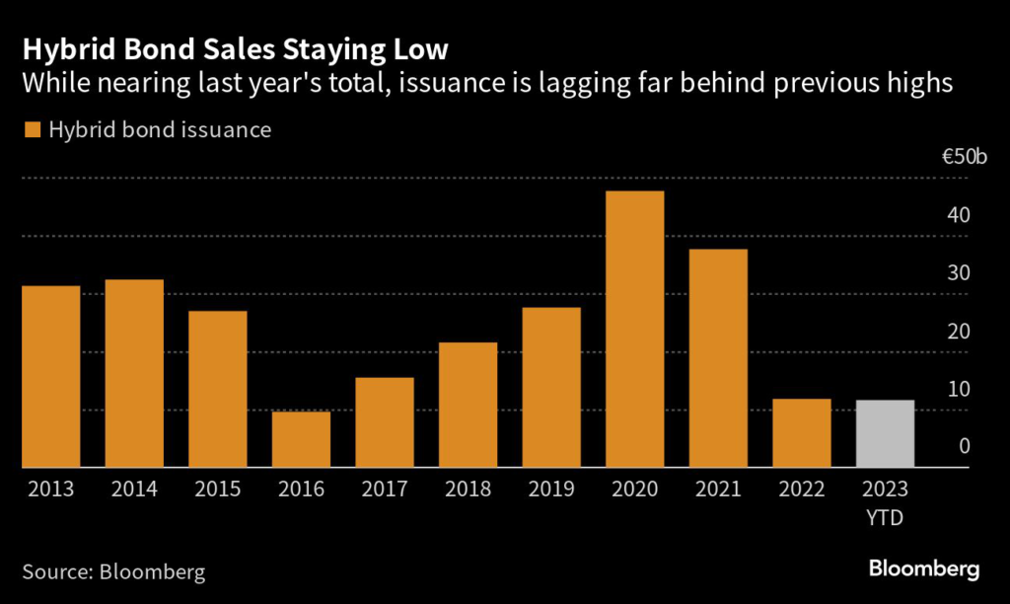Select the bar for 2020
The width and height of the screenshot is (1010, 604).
(635, 329)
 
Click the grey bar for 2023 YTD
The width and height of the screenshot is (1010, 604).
(885, 433)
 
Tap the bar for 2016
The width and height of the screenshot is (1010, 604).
(301, 439)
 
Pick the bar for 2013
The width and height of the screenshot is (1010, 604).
(51, 376)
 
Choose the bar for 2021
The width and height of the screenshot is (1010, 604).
(718, 358)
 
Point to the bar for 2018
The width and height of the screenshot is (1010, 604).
(468, 405)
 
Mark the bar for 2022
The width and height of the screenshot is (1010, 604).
(801, 432)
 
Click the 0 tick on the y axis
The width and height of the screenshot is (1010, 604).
(964, 447)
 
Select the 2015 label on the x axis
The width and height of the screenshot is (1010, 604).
(218, 489)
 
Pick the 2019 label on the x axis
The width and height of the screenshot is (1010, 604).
(551, 489)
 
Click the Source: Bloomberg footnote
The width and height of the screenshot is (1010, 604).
(113, 570)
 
